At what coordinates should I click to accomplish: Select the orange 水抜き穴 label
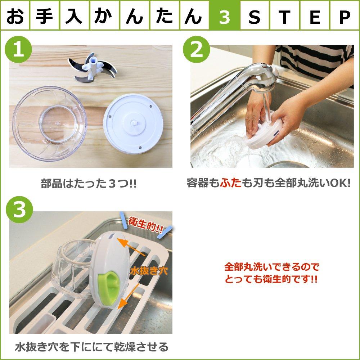pyautogui.click(x=145, y=270)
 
